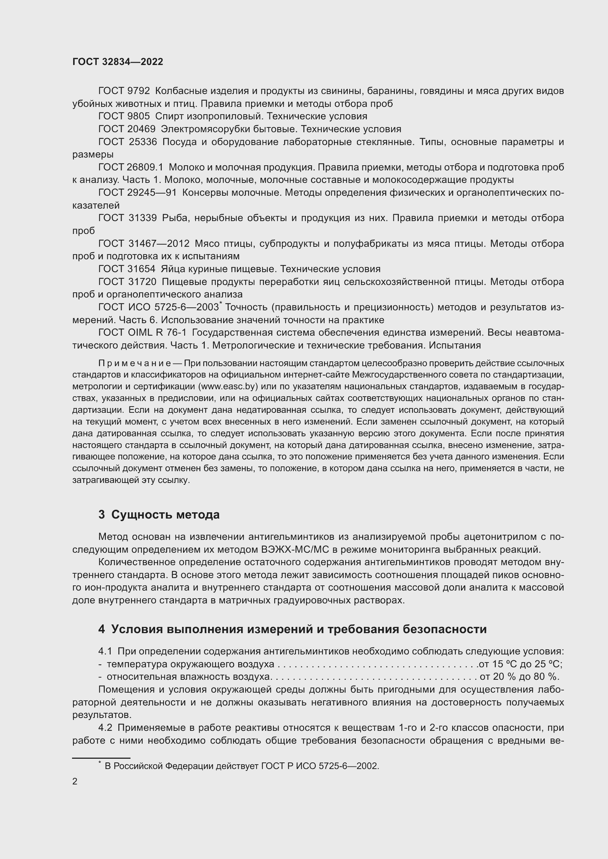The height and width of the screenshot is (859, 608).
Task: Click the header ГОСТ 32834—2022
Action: click(118, 62)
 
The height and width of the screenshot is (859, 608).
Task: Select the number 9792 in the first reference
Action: click(138, 91)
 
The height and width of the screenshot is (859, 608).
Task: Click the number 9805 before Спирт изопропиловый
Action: click(138, 116)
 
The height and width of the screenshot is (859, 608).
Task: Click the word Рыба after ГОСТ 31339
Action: click(175, 218)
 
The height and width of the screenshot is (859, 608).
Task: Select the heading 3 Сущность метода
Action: click(159, 515)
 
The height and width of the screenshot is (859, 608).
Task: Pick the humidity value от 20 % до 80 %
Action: click(519, 677)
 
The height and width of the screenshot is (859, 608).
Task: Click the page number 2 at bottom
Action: click(75, 782)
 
